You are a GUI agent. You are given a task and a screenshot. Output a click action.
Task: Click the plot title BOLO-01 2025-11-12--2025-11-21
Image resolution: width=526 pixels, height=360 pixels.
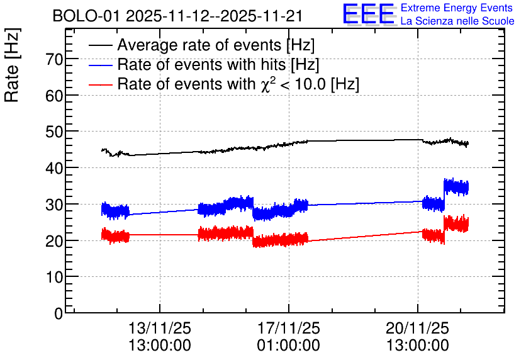(178, 16)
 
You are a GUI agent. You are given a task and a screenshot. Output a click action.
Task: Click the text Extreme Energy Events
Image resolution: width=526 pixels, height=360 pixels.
(457, 8)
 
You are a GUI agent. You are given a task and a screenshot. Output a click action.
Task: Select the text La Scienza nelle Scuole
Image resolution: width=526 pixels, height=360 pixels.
(457, 21)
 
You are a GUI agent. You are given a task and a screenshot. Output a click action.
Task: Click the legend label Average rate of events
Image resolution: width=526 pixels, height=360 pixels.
(216, 45)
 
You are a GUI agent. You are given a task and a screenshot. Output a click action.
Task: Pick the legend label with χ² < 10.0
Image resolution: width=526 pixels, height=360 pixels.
(238, 84)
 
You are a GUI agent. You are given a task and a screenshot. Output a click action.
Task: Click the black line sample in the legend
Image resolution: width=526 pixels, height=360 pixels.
(101, 46)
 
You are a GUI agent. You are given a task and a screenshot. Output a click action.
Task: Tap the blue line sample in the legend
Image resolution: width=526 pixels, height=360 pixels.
(101, 65)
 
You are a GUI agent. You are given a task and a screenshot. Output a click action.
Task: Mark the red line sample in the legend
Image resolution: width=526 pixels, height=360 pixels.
(101, 85)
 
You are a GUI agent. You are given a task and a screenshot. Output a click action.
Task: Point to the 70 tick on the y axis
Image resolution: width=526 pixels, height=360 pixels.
(55, 59)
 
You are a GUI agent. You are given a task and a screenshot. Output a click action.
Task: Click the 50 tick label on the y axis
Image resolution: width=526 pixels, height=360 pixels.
(55, 132)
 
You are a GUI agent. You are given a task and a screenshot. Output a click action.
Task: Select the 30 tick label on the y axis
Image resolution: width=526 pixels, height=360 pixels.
(55, 205)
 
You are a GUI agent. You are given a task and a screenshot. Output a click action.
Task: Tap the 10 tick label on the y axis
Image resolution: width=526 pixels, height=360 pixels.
(55, 277)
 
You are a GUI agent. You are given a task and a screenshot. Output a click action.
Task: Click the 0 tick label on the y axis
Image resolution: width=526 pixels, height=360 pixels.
(59, 313)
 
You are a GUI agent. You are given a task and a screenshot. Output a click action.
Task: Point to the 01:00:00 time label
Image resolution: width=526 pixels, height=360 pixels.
(289, 345)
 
